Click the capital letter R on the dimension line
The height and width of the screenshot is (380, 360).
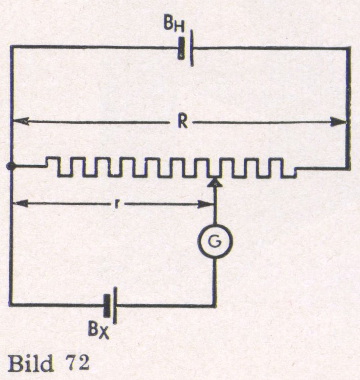[182, 122]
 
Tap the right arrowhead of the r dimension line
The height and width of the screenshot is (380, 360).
[207, 204]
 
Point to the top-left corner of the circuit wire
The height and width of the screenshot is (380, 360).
[11, 47]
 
